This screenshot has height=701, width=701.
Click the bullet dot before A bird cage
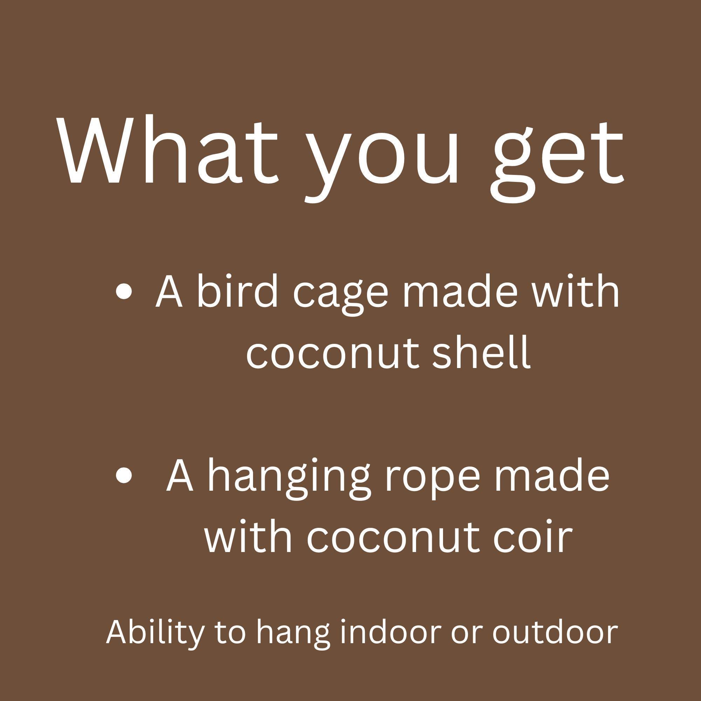124,292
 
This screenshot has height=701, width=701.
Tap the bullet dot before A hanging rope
124,475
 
